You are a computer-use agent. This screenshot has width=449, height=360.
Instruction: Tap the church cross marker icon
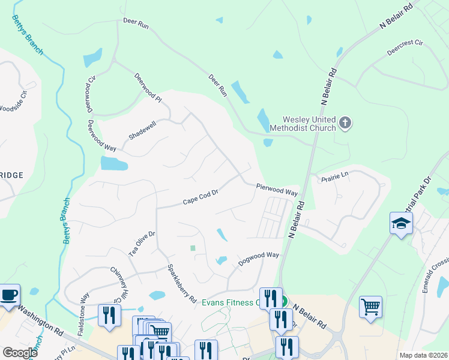coord(345,124)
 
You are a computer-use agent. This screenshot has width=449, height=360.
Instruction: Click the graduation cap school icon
coord(401,223)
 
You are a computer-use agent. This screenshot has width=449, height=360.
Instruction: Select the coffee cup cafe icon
coord(9,295)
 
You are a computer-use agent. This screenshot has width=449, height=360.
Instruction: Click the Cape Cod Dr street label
coord(200,197)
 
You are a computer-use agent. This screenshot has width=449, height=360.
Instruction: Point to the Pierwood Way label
coord(277,190)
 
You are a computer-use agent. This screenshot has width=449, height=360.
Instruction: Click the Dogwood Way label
coord(259,258)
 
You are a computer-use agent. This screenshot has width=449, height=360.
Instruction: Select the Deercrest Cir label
coord(405,48)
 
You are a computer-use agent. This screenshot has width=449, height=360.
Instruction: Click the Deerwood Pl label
coord(148,87)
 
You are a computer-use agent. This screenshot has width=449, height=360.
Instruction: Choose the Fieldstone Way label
coord(85,306)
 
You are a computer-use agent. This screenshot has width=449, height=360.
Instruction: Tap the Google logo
coord(20,353)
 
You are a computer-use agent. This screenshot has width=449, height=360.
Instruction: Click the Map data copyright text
coord(423,355)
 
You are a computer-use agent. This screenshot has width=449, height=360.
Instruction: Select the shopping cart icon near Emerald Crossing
coord(371,307)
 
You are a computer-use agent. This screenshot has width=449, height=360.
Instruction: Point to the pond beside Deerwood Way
coord(114,163)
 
